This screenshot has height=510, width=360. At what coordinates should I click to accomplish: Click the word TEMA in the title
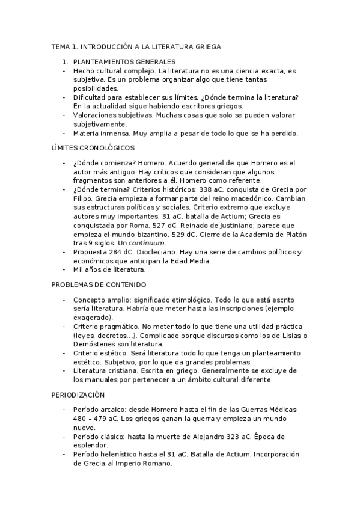click(x=59, y=46)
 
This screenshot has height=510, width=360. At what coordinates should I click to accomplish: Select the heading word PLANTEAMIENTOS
click(x=105, y=61)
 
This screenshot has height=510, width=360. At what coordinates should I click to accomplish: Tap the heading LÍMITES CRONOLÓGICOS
click(x=93, y=147)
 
